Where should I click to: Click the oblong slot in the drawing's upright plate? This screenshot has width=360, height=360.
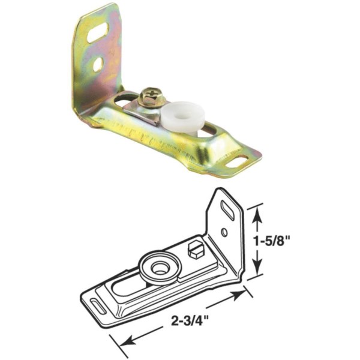pyautogui.click(x=229, y=209)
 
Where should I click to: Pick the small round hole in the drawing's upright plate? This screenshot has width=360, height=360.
pyautogui.click(x=224, y=232)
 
